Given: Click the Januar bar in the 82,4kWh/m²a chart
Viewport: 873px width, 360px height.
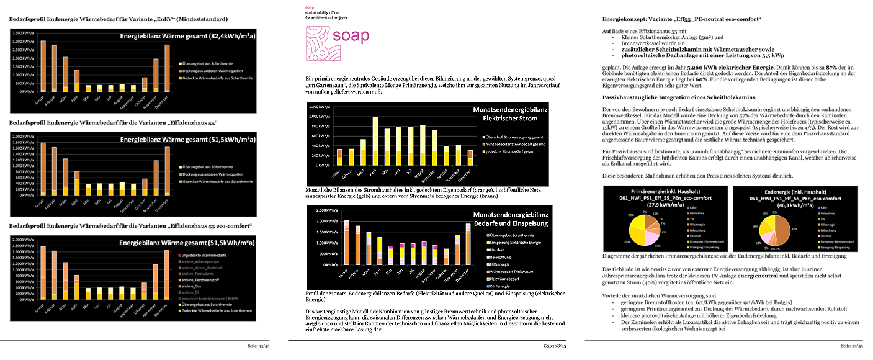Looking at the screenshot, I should point(43,66).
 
